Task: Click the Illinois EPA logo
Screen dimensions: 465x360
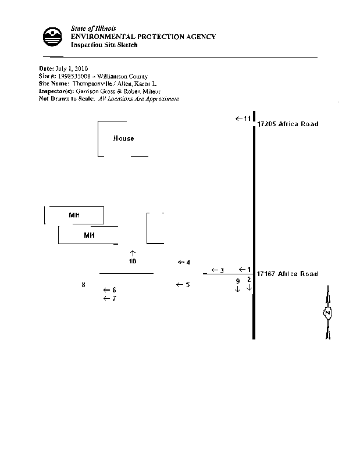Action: pos(53,37)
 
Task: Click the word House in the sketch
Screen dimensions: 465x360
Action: pos(123,138)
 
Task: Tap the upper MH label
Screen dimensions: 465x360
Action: pos(74,215)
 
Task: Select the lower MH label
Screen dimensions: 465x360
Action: pos(89,235)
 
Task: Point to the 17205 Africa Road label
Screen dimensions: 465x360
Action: pos(287,124)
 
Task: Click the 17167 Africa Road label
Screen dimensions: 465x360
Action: pos(287,273)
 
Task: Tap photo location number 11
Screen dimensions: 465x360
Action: pos(247,119)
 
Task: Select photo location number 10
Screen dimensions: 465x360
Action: pos(133,262)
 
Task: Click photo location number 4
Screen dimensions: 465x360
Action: pos(188,263)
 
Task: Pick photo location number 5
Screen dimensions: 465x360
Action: pos(187,285)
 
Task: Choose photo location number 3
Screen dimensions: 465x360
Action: pos(222,270)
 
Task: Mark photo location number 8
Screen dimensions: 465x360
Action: pos(83,285)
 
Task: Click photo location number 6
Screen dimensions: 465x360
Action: pos(114,290)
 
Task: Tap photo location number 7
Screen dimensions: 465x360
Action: pos(114,299)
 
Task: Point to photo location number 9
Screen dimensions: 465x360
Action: pos(237,281)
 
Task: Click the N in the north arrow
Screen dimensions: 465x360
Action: pos(327,313)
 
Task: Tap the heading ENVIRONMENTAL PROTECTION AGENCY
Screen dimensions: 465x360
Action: pos(143,37)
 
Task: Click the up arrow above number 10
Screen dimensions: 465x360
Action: pos(133,253)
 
